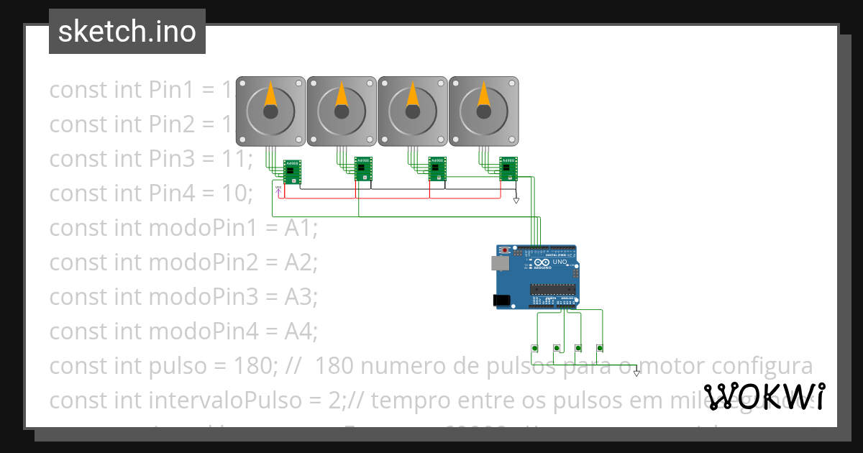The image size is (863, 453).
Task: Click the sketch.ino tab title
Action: coord(127,32)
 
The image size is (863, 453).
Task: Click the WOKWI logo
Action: coord(764,396)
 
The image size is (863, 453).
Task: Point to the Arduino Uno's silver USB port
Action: coord(499,263)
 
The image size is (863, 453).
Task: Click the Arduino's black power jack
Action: coord(502,301)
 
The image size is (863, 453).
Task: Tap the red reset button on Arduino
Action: coord(505,250)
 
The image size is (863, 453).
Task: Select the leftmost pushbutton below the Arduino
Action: coord(534,349)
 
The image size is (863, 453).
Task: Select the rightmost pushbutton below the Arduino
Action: coord(600,349)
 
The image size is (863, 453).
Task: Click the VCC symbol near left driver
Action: coord(278,190)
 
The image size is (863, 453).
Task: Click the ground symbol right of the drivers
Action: coord(516,201)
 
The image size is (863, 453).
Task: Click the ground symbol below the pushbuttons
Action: coord(636,372)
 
